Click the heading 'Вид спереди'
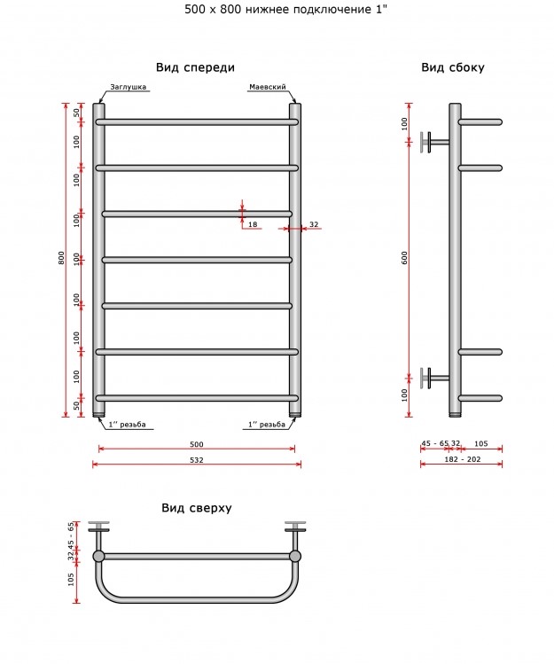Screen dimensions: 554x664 pyautogui.click(x=195, y=67)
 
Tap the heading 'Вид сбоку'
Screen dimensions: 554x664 pyautogui.click(x=453, y=67)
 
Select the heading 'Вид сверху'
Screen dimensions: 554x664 pyautogui.click(x=197, y=508)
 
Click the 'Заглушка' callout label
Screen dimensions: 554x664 pyautogui.click(x=128, y=87)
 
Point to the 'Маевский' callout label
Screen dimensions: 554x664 pyautogui.click(x=268, y=87)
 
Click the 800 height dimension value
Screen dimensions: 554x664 pyautogui.click(x=61, y=258)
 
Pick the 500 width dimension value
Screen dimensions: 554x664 pyautogui.click(x=197, y=444)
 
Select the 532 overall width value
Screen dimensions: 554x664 pyautogui.click(x=197, y=460)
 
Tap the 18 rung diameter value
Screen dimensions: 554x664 pyautogui.click(x=253, y=224)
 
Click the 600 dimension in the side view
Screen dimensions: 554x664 pyautogui.click(x=404, y=258)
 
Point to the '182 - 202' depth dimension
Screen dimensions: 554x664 pyautogui.click(x=463, y=459)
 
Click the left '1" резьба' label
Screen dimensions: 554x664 pyautogui.click(x=127, y=425)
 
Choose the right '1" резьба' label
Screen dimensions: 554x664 pyautogui.click(x=267, y=425)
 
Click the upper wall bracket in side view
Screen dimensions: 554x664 pyautogui.click(x=434, y=142)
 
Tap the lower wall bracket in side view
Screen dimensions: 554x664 pyautogui.click(x=434, y=378)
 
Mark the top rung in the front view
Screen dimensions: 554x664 pyautogui.click(x=197, y=122)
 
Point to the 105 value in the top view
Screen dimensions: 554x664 pyautogui.click(x=71, y=579)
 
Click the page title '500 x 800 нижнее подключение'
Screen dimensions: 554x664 pyautogui.click(x=279, y=10)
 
